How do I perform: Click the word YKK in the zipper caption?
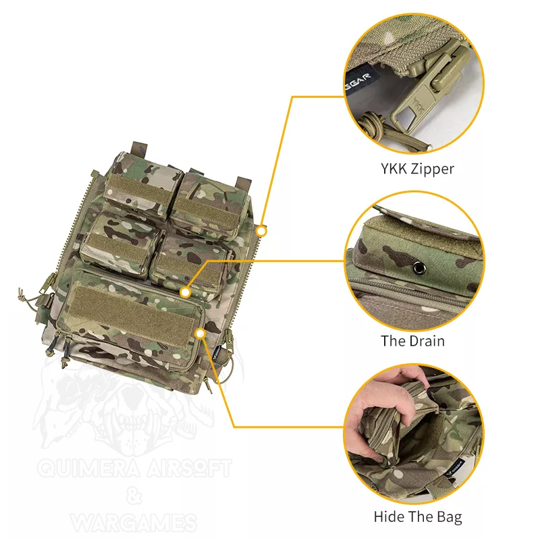pyautogui.click(x=394, y=169)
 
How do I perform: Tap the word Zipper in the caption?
pyautogui.click(x=432, y=169)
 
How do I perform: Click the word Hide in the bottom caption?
pyautogui.click(x=386, y=516)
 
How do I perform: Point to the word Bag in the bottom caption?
pyautogui.click(x=450, y=517)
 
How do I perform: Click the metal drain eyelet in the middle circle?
pyautogui.click(x=419, y=267)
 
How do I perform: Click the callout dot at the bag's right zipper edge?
pyautogui.click(x=261, y=232)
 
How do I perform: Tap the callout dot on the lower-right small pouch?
pyautogui.click(x=185, y=292)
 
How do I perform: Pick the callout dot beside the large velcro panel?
pyautogui.click(x=200, y=333)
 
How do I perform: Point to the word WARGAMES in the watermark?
pyautogui.click(x=134, y=522)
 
